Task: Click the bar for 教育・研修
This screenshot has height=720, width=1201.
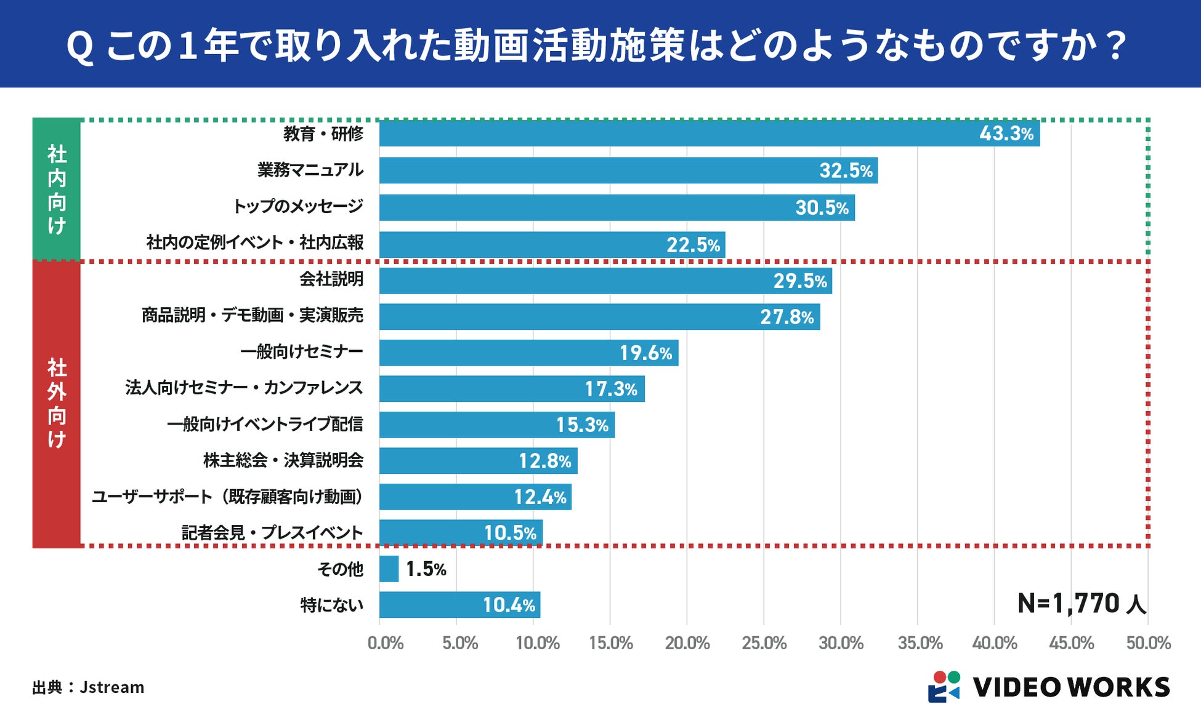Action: [677, 134]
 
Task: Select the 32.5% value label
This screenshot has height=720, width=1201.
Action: [846, 170]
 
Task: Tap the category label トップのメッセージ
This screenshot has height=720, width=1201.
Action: [298, 206]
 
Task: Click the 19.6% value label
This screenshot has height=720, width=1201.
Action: [645, 353]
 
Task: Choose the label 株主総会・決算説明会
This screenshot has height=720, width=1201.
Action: [283, 460]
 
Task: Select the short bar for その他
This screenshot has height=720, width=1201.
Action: [389, 569]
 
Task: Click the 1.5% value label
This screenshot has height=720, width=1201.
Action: [426, 569]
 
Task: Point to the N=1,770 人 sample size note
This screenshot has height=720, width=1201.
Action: [1082, 604]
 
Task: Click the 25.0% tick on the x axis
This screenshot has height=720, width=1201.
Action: [764, 643]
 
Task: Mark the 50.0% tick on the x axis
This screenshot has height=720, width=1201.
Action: [1148, 643]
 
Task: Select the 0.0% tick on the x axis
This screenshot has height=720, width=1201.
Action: [386, 643]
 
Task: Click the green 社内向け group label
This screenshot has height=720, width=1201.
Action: [57, 190]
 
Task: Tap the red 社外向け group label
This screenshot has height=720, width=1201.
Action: [57, 404]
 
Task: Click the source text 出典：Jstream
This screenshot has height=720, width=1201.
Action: [88, 687]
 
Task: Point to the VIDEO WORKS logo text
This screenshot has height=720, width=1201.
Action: [1071, 687]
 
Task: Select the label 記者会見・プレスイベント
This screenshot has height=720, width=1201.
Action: [272, 533]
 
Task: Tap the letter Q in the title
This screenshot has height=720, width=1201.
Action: [79, 47]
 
